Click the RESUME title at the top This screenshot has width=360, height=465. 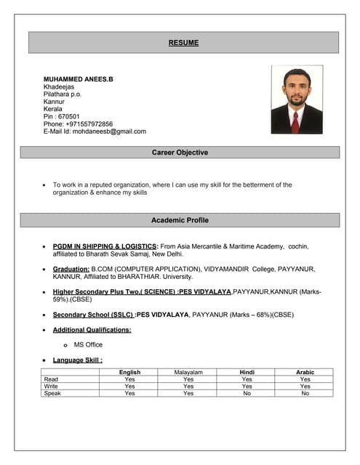pos(183,43)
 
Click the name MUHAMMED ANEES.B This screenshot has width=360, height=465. pos(78,78)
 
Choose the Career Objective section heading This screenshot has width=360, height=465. pos(180,153)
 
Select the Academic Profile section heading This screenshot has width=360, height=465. pos(180,219)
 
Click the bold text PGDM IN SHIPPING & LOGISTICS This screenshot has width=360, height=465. pos(105,246)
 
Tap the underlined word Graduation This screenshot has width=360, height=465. pos(71,269)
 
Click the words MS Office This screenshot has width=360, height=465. pos(88,344)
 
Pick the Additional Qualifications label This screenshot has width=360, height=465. pos(92,329)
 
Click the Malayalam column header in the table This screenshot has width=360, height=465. pos(188,372)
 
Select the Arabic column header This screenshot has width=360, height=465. pos(305,372)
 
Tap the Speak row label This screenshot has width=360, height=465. pos(52,394)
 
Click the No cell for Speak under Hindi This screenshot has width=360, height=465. pos(247,394)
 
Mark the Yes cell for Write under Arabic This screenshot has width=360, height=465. pos(305,387)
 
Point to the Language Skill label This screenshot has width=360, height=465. pos(78,360)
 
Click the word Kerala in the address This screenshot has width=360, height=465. pos(53,109)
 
